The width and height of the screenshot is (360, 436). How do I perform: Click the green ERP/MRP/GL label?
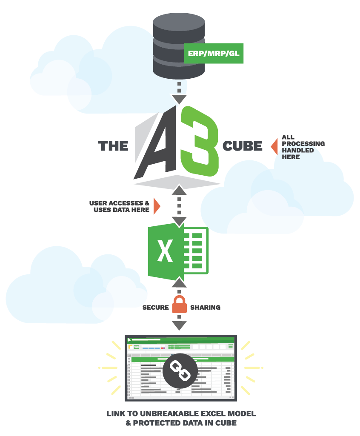tap(214, 54)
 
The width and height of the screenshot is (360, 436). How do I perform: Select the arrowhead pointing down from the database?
tap(179, 100)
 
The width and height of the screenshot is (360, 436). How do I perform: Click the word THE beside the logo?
tap(113, 146)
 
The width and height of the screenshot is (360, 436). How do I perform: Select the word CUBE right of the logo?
tap(242, 146)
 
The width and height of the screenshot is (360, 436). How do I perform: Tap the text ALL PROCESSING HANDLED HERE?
tap(302, 147)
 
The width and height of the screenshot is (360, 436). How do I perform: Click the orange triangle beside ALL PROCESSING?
tap(274, 146)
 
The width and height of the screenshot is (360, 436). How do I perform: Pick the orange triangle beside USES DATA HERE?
tap(157, 206)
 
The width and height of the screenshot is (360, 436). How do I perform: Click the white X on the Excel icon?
tap(165, 251)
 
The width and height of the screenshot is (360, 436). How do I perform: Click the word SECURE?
tap(155, 307)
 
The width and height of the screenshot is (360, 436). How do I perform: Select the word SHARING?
tap(205, 307)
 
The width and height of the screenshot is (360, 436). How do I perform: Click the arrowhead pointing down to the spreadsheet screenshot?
tap(179, 326)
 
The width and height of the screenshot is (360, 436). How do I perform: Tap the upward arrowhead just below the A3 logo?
tap(179, 190)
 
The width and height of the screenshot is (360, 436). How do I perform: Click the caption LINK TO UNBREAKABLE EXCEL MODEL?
tap(181, 414)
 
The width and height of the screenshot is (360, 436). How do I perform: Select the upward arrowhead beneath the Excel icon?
tap(179, 282)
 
